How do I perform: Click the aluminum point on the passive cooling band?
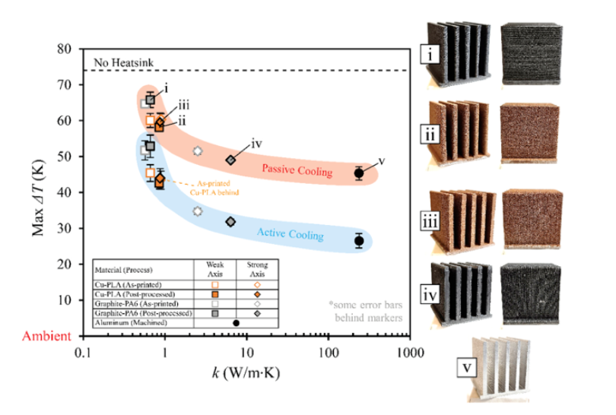[360, 173]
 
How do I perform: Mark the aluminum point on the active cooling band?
[360, 241]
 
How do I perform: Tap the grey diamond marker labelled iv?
[231, 160]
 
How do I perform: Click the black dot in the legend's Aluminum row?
[236, 322]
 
